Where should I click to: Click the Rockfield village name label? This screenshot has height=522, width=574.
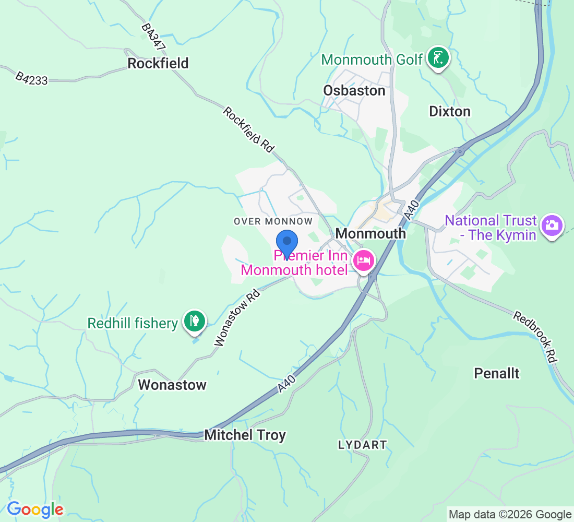(x=158, y=63)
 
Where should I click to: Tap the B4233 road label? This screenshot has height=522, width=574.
(x=31, y=78)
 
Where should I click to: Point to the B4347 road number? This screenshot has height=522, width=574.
(x=153, y=37)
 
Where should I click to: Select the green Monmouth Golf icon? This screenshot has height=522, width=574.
(x=438, y=58)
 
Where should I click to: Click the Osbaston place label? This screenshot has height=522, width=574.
(x=354, y=90)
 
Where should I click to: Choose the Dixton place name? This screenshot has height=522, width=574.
(x=449, y=111)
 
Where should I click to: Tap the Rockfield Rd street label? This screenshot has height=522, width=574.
(x=249, y=129)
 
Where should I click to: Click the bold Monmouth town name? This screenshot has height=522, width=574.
(x=370, y=233)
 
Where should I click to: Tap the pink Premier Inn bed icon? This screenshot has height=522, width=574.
(x=364, y=260)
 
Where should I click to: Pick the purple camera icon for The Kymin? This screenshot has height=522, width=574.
(x=551, y=226)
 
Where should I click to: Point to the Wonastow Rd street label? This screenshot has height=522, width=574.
(x=237, y=318)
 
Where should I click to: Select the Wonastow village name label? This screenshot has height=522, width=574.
(x=172, y=385)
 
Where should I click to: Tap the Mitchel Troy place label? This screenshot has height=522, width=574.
(x=245, y=435)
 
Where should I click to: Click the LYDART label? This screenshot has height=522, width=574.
(x=362, y=445)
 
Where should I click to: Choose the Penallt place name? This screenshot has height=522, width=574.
(x=496, y=373)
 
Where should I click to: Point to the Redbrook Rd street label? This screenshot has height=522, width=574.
(x=536, y=337)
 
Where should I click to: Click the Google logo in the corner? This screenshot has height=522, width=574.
(x=35, y=509)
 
